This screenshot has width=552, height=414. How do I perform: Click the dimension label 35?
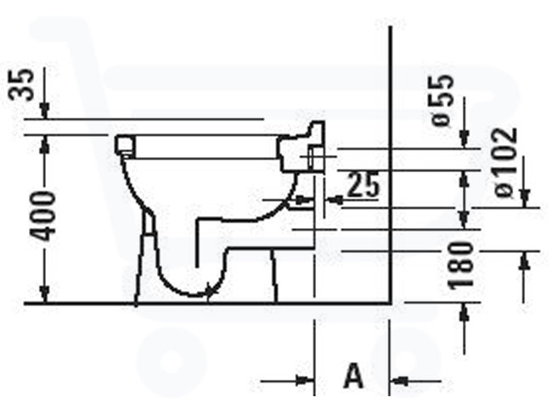(x=22, y=85)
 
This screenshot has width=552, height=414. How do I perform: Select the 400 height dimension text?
(x=43, y=216)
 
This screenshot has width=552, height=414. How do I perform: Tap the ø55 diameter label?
(x=442, y=100)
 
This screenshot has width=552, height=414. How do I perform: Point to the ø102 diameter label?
(x=505, y=162)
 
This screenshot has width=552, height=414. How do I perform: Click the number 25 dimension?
(x=364, y=184)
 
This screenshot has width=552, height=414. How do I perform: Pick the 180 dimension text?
(x=461, y=266)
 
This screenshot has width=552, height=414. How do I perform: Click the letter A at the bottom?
(x=353, y=376)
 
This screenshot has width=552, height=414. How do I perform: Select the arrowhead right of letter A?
(x=399, y=381)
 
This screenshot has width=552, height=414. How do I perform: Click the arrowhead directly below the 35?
(x=44, y=110)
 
